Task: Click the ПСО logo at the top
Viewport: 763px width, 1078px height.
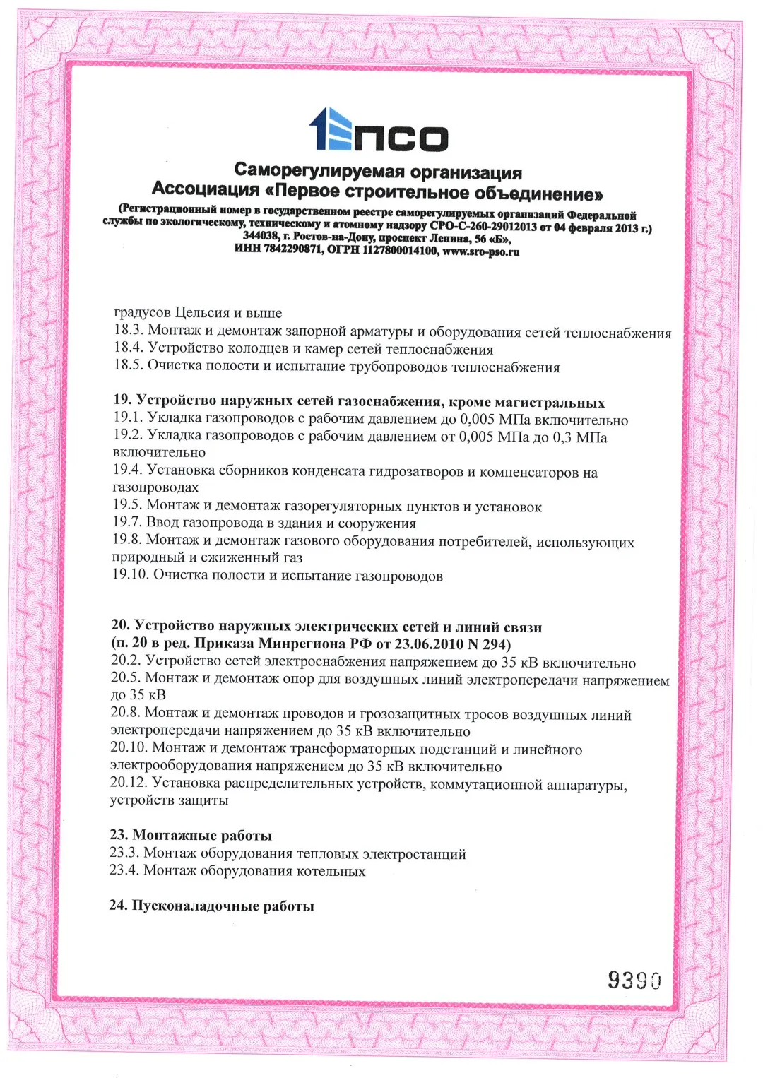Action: [x=379, y=130]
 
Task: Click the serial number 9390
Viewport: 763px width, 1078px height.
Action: [x=634, y=980]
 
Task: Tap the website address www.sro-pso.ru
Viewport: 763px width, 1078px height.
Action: [x=480, y=251]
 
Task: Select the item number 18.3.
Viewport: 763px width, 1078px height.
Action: [x=128, y=330]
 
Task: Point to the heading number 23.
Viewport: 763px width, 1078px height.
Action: [x=118, y=835]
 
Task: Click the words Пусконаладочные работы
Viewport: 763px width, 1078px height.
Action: [x=223, y=906]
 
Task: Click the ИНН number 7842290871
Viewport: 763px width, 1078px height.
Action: [x=292, y=249]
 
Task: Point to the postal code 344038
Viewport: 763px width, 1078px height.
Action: [x=260, y=236]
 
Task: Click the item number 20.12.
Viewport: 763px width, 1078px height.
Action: [x=128, y=783]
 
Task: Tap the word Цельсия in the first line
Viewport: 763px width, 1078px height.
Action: [x=203, y=312]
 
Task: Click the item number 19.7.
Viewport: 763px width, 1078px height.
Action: [x=127, y=523]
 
